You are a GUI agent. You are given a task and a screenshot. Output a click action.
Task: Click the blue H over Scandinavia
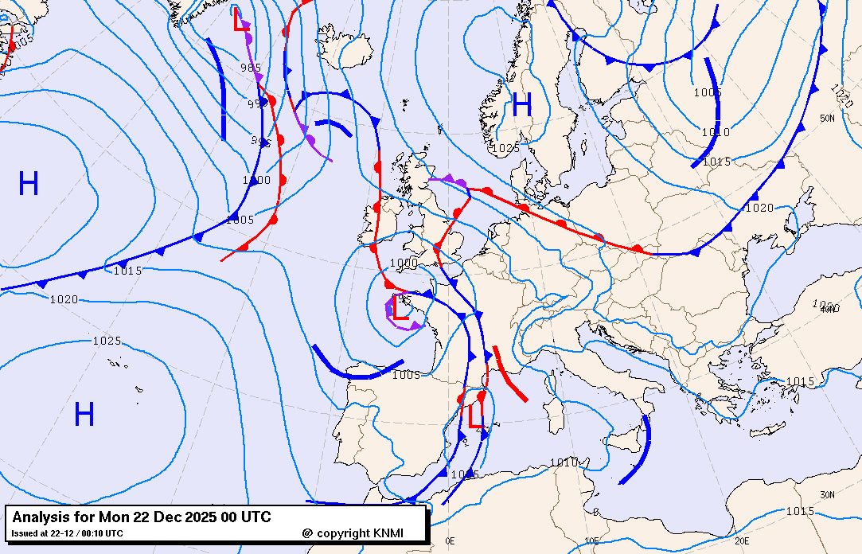[522, 105]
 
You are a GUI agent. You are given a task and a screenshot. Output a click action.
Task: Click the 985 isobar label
[251, 68]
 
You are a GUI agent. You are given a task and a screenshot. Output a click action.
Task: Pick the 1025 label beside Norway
[505, 148]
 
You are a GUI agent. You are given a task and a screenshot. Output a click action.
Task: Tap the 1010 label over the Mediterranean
[564, 462]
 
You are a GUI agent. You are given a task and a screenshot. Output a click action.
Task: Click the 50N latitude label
[827, 119]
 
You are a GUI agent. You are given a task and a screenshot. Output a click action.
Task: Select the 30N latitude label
[828, 494]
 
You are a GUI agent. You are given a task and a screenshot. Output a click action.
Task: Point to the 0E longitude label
[450, 540]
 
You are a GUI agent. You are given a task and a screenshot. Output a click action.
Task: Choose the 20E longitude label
[742, 540]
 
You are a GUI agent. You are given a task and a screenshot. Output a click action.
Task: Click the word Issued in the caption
[25, 533]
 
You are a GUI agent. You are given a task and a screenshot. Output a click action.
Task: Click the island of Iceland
[349, 53]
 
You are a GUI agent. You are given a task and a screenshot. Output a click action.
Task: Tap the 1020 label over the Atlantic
[64, 299]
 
